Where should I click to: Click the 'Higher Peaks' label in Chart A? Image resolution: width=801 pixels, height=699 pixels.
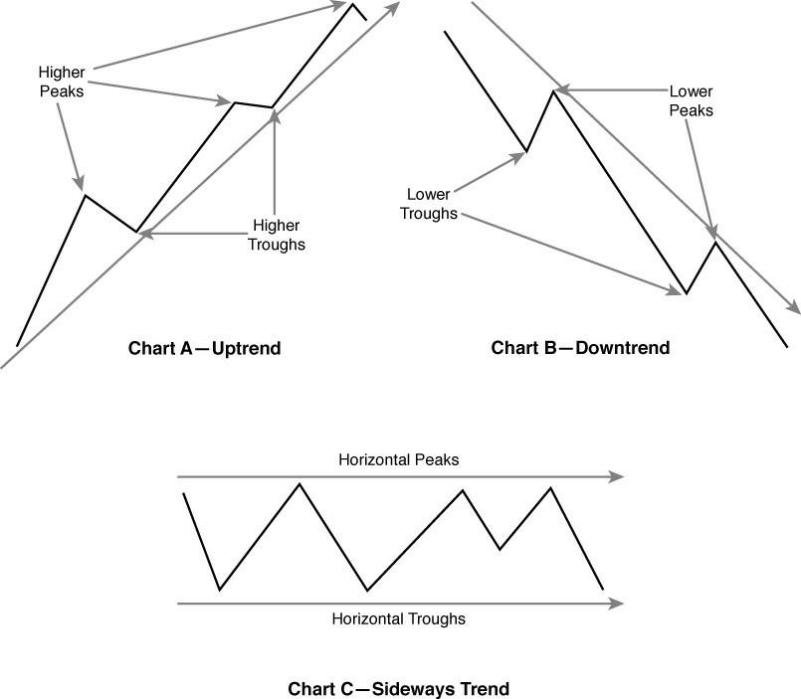tap(62, 83)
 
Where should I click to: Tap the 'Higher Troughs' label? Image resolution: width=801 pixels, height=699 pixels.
tap(276, 235)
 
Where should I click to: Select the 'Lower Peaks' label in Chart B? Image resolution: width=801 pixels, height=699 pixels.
tap(691, 100)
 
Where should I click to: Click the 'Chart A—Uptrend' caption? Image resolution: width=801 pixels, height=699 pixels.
tap(205, 349)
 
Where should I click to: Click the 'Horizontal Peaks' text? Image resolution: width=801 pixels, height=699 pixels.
tap(398, 460)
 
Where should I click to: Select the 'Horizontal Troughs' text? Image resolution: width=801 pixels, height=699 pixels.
tap(398, 618)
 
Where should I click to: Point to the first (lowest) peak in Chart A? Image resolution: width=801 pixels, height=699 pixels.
tap(86, 195)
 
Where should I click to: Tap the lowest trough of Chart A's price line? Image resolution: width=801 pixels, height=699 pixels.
tap(137, 232)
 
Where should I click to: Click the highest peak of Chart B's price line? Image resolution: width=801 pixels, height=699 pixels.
tap(553, 91)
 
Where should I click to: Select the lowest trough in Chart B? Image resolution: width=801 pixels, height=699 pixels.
tap(686, 293)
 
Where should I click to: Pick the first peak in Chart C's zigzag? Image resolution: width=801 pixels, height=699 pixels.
tap(300, 483)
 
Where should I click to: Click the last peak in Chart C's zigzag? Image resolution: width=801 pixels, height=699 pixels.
tap(550, 487)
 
